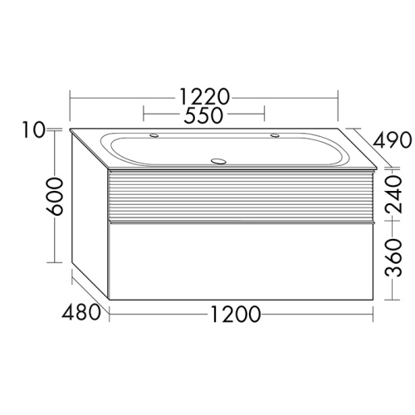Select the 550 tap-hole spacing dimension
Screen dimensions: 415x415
click(204, 116)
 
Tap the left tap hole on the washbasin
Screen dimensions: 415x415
click(154, 135)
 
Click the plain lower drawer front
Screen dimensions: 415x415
click(241, 261)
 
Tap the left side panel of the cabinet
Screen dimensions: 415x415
click(90, 216)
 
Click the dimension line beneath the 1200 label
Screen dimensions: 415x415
click(166, 315)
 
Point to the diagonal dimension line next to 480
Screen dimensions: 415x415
click(91, 290)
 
